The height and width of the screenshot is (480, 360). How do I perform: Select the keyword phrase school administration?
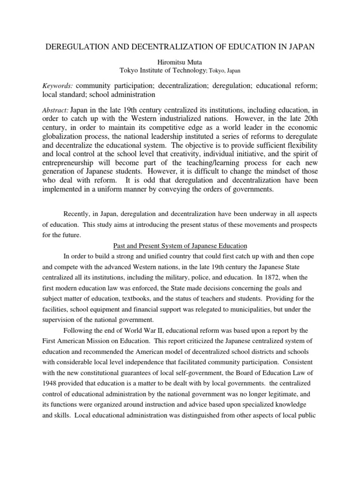[126, 95]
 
